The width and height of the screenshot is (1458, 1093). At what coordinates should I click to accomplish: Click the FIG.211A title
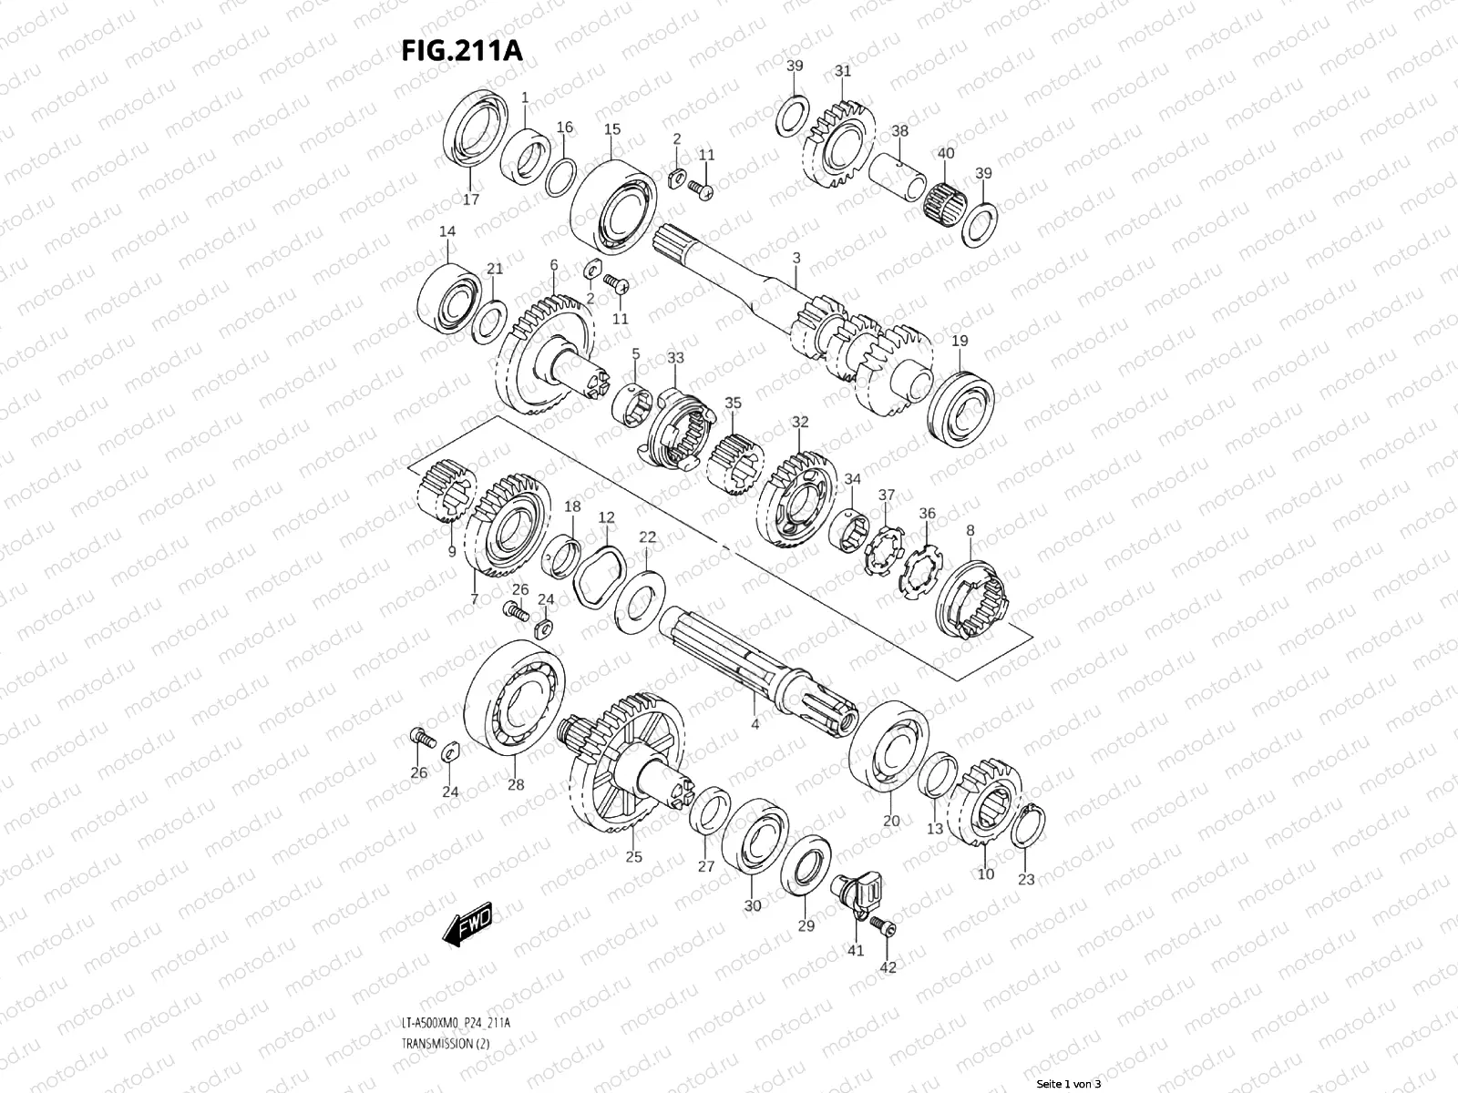click(x=462, y=49)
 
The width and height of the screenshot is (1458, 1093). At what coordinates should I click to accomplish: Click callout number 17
click(x=471, y=199)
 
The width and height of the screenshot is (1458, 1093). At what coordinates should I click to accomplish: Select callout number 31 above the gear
click(x=843, y=71)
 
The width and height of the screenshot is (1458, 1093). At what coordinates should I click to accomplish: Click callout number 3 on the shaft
click(x=796, y=259)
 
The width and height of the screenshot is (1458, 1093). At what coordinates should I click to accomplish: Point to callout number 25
click(x=633, y=856)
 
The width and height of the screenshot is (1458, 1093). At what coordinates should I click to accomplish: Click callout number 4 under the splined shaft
click(x=755, y=725)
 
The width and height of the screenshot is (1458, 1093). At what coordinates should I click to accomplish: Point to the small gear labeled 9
click(x=447, y=493)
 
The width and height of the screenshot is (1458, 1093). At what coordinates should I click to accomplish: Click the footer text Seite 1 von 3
click(x=1069, y=1084)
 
